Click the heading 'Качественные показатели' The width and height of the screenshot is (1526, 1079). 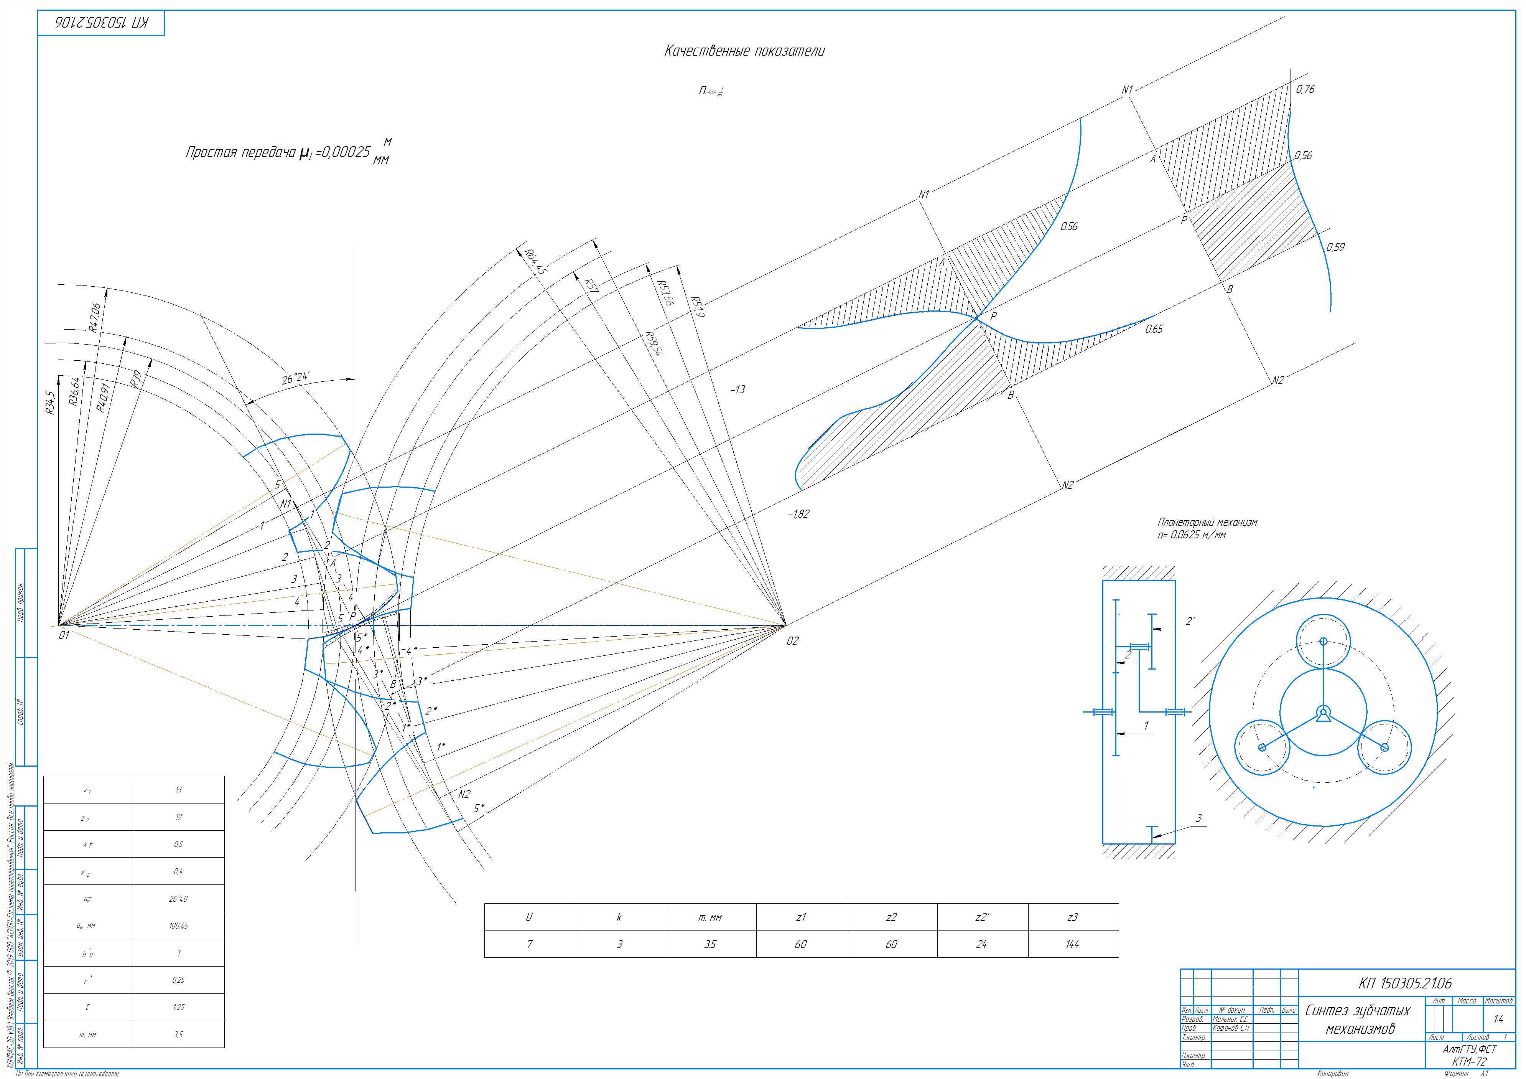point(744,51)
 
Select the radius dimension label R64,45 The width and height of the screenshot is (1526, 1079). point(535,262)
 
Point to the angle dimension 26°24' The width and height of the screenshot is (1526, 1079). point(296,379)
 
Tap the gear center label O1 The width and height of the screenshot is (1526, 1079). point(64,635)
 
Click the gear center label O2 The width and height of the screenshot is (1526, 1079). point(792,641)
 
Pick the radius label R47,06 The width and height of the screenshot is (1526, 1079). point(94,317)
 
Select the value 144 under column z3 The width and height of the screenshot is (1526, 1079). point(1072,944)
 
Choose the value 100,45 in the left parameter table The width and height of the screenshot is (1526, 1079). point(179,926)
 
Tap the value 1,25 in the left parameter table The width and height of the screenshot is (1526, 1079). point(179,1007)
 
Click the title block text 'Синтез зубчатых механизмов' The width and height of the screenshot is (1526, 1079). point(1357,1019)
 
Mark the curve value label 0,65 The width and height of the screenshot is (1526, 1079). point(1154,328)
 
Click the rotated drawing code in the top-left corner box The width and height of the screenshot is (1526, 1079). point(101,23)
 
